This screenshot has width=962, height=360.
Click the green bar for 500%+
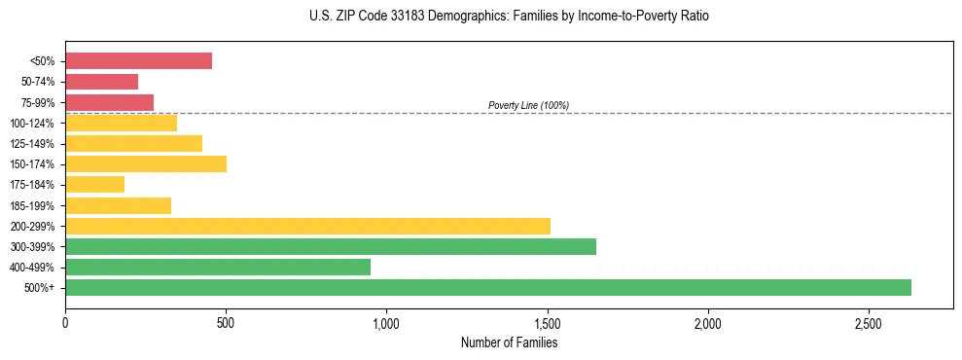[487, 287]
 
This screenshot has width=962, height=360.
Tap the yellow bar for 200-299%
[307, 226]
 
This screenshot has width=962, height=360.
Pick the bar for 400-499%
[218, 267]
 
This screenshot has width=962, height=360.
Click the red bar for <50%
[138, 61]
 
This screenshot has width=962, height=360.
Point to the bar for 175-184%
[94, 184]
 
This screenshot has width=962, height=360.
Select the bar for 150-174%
[146, 163]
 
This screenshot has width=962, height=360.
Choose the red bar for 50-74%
[101, 82]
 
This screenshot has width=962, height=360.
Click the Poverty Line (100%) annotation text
[528, 105]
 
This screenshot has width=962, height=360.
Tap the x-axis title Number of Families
[509, 342]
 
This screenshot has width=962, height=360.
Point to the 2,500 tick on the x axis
[869, 322]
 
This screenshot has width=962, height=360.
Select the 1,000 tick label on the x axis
[386, 322]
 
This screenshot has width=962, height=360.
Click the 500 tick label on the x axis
[226, 322]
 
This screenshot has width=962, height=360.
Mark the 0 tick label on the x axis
[65, 322]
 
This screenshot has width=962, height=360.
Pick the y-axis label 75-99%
[38, 103]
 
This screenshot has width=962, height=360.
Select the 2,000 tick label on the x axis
[708, 322]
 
